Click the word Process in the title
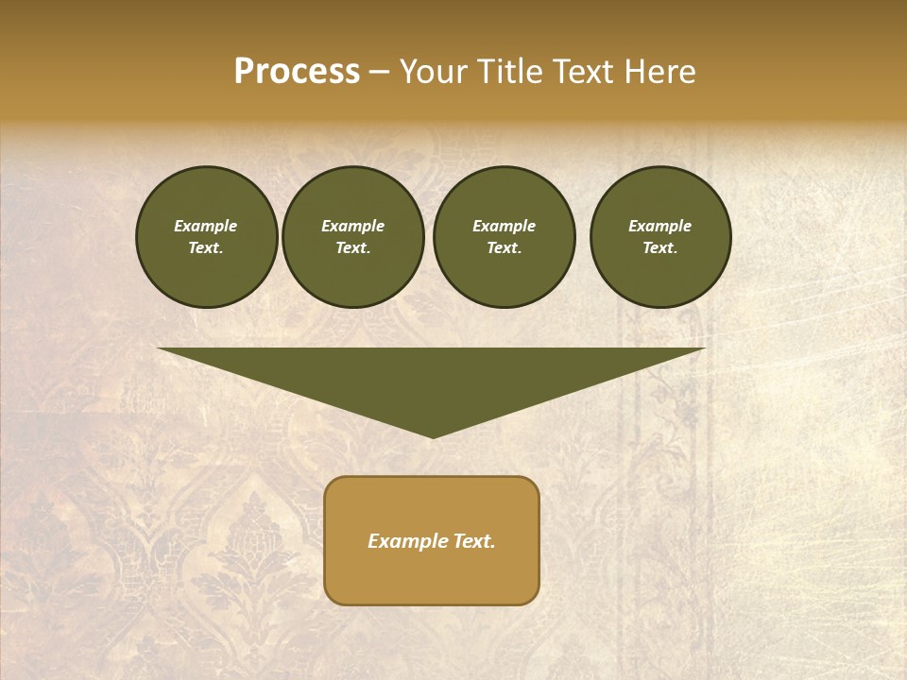tap(297, 72)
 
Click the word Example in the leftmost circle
tap(206, 226)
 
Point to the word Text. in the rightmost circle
tap(659, 247)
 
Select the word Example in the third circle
tap(504, 226)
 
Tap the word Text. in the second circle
tap(352, 247)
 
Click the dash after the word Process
tap(379, 72)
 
